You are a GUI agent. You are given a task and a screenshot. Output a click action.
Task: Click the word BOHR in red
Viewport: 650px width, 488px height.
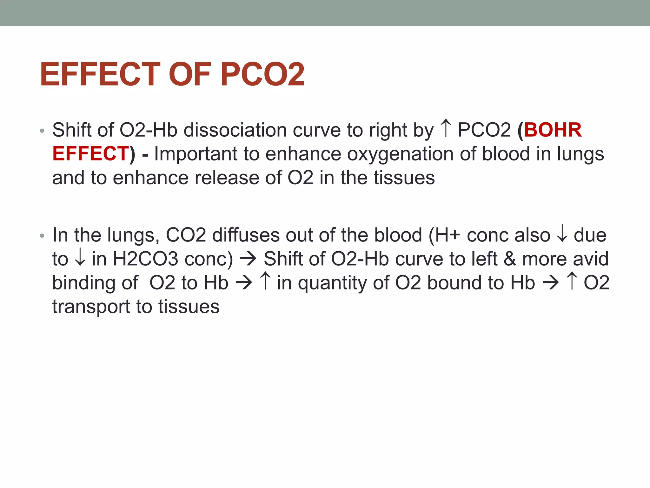[553, 130]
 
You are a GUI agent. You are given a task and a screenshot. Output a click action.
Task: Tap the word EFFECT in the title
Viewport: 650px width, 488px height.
[100, 74]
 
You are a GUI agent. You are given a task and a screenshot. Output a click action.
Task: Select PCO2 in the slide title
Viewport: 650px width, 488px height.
[262, 74]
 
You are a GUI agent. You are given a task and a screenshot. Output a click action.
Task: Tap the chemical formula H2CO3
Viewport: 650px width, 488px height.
[146, 259]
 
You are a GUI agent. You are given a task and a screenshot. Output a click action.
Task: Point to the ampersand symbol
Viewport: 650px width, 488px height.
[510, 259]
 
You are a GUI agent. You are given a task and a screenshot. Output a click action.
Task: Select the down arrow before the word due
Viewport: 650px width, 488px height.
[562, 234]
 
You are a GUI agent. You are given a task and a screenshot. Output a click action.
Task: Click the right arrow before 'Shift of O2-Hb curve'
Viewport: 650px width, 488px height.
[248, 259]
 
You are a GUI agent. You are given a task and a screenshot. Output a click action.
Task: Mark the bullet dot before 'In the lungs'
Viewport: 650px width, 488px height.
[42, 236]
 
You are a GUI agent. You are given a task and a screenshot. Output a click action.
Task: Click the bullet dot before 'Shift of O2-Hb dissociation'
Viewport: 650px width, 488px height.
[42, 131]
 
